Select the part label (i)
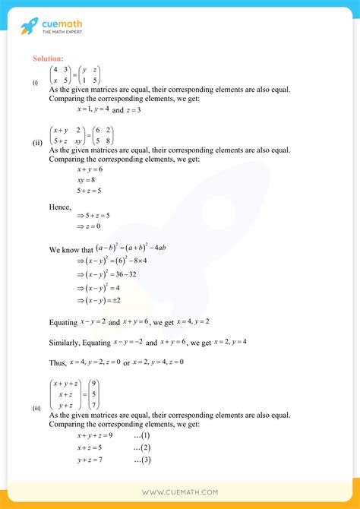coord(35,83)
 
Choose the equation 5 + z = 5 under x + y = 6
coord(90,191)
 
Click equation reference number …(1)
coord(141,435)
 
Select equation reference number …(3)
coord(141,460)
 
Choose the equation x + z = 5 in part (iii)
coord(90,448)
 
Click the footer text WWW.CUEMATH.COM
coord(180,492)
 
